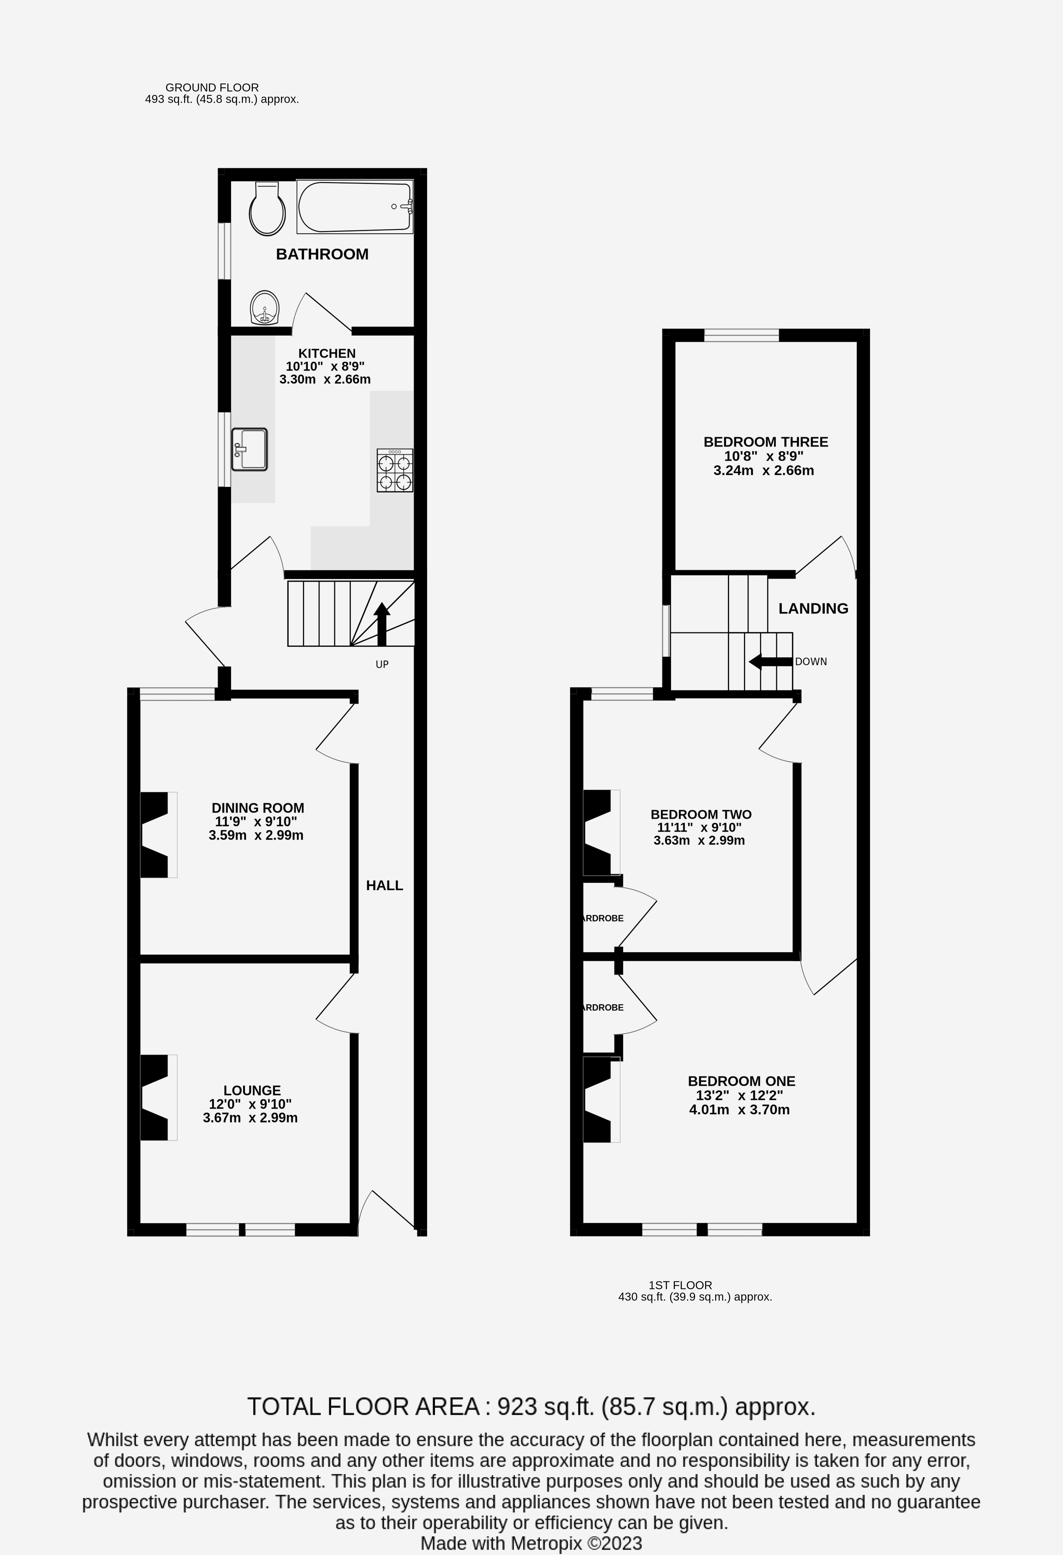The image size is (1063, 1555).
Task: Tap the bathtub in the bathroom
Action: coord(355,207)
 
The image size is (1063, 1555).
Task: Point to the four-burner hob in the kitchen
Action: coord(395,470)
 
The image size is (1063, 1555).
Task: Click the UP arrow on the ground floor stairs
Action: coord(381,622)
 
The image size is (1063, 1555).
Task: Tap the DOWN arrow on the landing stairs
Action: coord(769,662)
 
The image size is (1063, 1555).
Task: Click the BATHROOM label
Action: coord(322,254)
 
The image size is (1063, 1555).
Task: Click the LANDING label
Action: coord(813,608)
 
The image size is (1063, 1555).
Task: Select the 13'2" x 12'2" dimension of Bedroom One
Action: coord(740,1095)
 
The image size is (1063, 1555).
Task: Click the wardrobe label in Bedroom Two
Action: coord(603,918)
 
